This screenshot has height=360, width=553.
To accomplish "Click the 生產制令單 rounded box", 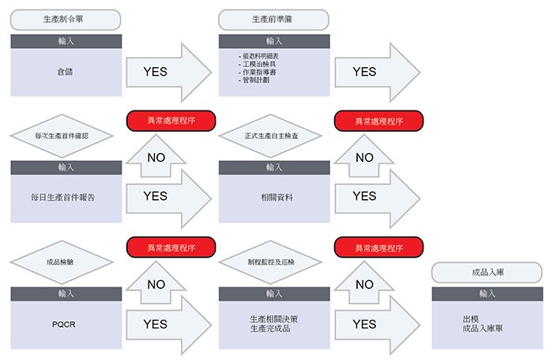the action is tap(66, 20).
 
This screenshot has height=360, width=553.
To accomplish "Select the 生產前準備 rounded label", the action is tap(273, 20).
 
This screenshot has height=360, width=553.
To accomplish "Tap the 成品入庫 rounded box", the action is tap(487, 272).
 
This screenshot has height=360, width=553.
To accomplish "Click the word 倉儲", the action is tap(66, 72).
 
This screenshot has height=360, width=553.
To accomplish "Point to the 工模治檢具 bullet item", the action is tap(258, 64).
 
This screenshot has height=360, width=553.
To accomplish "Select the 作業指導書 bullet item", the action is tap(258, 73).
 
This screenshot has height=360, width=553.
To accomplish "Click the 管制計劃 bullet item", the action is tap(254, 81).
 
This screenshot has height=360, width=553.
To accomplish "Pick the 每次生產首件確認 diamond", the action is tap(62, 136).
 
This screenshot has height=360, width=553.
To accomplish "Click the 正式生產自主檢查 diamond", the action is tap(270, 136).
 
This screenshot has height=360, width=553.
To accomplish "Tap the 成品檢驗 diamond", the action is tap(62, 262).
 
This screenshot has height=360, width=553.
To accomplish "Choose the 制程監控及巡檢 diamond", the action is tap(270, 262).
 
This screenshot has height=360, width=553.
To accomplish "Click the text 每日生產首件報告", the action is tap(62, 197).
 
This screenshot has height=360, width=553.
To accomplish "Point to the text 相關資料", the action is tap(276, 197).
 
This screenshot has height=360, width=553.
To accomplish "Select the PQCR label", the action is tap(64, 324).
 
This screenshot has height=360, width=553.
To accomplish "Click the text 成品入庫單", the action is tap(483, 328).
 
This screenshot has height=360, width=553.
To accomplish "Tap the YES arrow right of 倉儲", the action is tap(168, 73).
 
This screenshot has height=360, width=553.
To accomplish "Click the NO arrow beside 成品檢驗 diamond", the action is tap(156, 282).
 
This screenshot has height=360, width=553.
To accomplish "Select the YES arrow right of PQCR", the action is tap(168, 324).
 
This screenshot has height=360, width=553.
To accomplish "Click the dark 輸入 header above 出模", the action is tap(487, 294).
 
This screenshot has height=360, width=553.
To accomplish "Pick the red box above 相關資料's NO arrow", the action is tap(378, 121).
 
